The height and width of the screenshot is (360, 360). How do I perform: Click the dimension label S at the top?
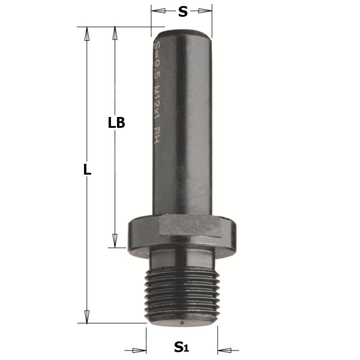pyautogui.click(x=182, y=11)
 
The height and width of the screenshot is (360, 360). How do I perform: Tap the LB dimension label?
pyautogui.click(x=116, y=123)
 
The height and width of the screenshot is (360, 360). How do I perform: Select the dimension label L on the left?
pyautogui.click(x=88, y=170)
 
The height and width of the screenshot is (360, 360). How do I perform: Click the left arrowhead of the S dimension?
pyautogui.click(x=155, y=11)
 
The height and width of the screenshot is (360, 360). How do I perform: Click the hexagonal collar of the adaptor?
pyautogui.click(x=183, y=232)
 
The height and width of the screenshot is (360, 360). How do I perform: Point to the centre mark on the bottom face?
pyautogui.click(x=182, y=325)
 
